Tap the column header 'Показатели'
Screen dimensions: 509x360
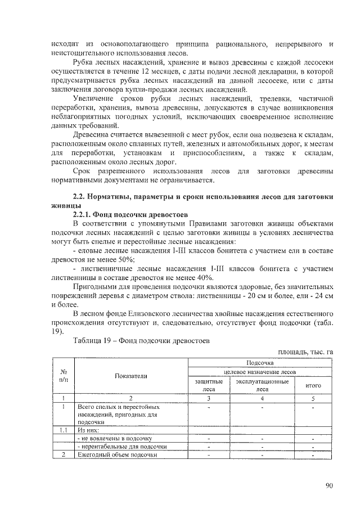click(x=130, y=376)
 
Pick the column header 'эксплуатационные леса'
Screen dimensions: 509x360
click(x=262, y=385)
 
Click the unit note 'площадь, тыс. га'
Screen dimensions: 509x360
click(x=307, y=352)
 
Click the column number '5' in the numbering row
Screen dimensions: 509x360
click(x=313, y=398)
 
